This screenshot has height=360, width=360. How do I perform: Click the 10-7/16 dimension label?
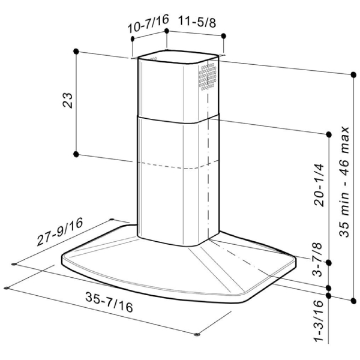(x=148, y=23)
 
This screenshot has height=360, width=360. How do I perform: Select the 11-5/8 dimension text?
(x=197, y=22)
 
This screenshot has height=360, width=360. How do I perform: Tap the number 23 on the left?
(x=67, y=100)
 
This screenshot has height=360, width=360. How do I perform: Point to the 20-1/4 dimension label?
(x=319, y=185)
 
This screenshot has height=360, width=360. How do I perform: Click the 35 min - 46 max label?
(x=344, y=182)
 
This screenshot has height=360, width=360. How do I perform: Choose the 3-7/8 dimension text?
(x=317, y=259)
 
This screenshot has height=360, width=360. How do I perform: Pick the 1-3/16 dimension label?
(x=319, y=321)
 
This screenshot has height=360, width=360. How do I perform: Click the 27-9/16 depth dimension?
(x=59, y=232)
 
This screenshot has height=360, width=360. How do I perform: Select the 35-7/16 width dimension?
(x=109, y=302)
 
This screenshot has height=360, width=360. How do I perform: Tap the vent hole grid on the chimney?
(x=208, y=76)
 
